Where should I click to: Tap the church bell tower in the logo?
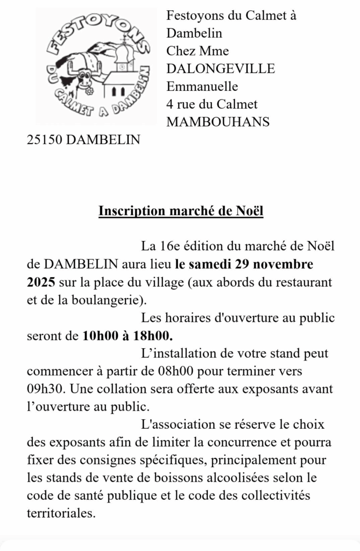tap(124, 56)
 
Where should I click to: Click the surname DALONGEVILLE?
tap(221, 68)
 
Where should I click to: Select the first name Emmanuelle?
tap(202, 86)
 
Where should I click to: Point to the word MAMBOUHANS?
tap(218, 122)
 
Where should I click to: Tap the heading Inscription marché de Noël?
tap(180, 210)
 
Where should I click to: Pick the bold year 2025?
tap(41, 281)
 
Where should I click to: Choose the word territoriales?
tap(61, 513)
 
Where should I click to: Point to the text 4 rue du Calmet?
tap(212, 104)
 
